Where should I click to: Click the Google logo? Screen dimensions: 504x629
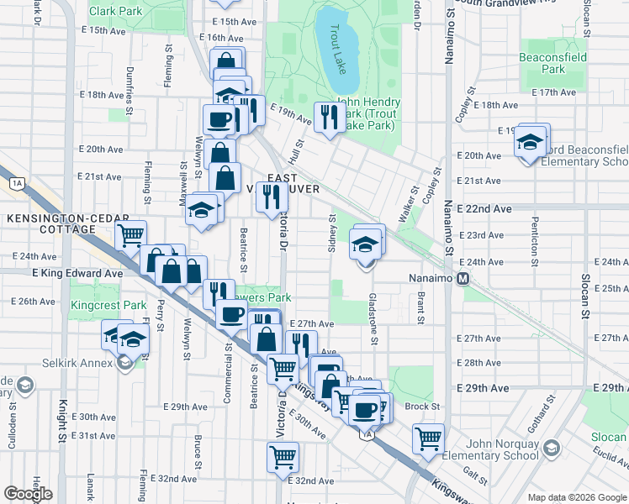(x=28, y=494)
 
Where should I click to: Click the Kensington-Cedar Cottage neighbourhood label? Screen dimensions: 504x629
(x=62, y=223)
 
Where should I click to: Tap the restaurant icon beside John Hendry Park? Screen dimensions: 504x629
(x=327, y=117)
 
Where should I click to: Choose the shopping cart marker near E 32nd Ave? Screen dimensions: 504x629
(x=283, y=457)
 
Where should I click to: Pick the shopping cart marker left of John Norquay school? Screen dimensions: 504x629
(x=428, y=438)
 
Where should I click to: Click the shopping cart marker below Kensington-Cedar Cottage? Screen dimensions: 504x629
(x=130, y=235)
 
